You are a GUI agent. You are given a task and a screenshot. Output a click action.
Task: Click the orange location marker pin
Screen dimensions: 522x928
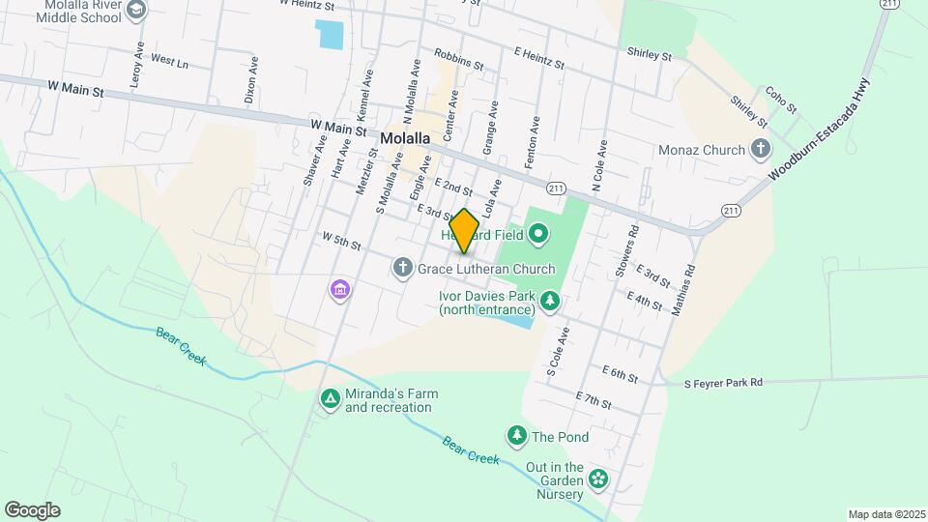[x=465, y=231]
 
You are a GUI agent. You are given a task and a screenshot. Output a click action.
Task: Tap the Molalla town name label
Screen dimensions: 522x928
[x=404, y=138]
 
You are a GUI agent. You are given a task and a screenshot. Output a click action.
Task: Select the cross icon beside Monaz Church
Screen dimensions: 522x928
[x=761, y=150]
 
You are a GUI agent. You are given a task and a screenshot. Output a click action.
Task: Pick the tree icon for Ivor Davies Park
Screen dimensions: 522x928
[x=550, y=302]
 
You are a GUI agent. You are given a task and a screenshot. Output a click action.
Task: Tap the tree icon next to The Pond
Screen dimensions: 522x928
[x=518, y=437]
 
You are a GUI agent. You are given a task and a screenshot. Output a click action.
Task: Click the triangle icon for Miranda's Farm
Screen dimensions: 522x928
[x=330, y=398]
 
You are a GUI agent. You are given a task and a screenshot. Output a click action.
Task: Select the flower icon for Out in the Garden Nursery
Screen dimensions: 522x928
[x=598, y=478]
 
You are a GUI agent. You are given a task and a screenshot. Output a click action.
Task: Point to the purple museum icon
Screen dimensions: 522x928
[x=339, y=289]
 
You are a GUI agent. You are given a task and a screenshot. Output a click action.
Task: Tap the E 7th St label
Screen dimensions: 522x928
[x=594, y=400]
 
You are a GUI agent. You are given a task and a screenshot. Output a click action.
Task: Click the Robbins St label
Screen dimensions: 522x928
[x=458, y=60]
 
